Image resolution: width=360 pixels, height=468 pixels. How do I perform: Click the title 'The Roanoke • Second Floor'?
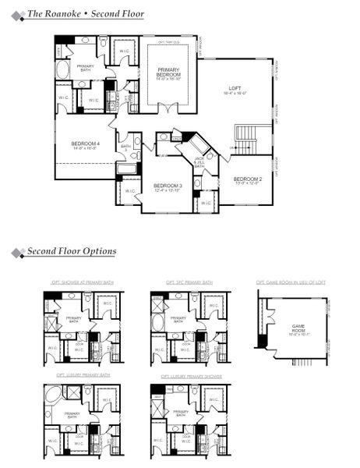[x=86, y=13]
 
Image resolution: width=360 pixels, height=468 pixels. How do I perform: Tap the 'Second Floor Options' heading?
[x=72, y=251]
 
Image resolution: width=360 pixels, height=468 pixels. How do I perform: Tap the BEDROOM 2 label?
[x=247, y=181]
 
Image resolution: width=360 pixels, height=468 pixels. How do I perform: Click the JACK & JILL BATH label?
[x=199, y=161]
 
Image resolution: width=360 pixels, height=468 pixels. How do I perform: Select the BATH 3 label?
[x=125, y=147]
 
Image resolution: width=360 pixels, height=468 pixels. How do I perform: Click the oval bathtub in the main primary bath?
[x=63, y=69]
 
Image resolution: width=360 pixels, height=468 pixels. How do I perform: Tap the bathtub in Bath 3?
[x=125, y=168]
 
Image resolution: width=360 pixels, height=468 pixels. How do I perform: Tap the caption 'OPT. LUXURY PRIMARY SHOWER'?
[x=189, y=375]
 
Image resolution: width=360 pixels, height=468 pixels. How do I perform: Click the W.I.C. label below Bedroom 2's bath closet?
[x=205, y=203]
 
